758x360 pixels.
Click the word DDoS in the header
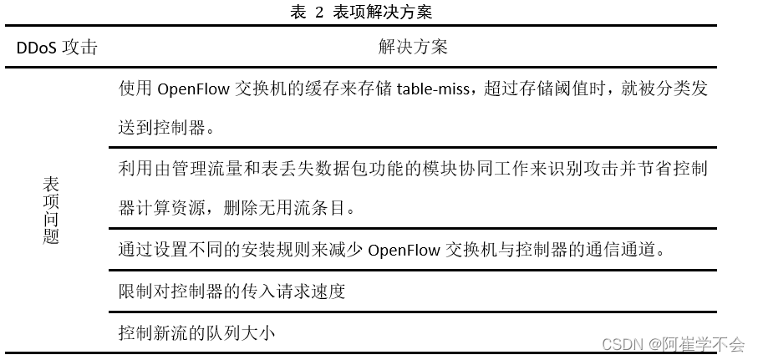click(x=37, y=48)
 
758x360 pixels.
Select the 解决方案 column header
click(x=413, y=47)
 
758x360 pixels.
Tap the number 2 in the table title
click(x=318, y=12)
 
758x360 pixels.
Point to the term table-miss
click(x=438, y=90)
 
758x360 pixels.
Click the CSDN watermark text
click(x=621, y=344)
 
